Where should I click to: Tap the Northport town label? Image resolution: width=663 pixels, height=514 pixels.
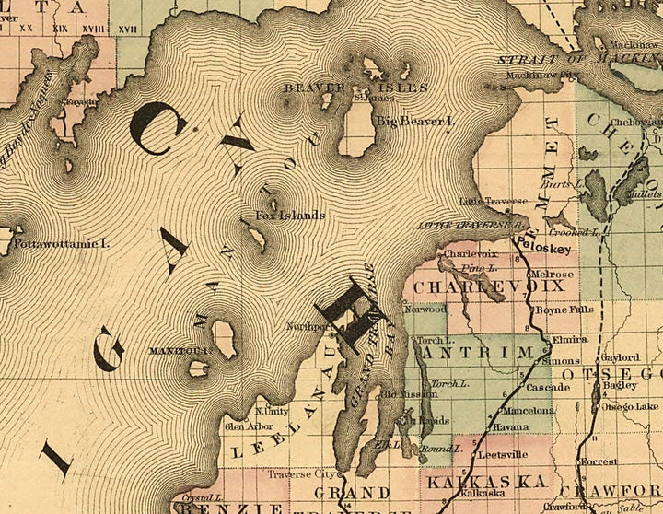point(308,326)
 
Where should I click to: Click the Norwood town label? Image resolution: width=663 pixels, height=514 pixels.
point(426,310)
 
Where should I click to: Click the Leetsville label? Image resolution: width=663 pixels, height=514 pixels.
point(503,454)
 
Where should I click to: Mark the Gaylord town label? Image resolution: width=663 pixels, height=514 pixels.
point(620,357)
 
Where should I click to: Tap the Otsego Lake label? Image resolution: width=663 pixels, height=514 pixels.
point(630,406)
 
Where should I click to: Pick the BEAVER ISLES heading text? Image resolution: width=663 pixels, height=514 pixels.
point(355,88)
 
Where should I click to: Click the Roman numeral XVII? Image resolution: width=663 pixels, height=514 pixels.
point(127,29)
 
